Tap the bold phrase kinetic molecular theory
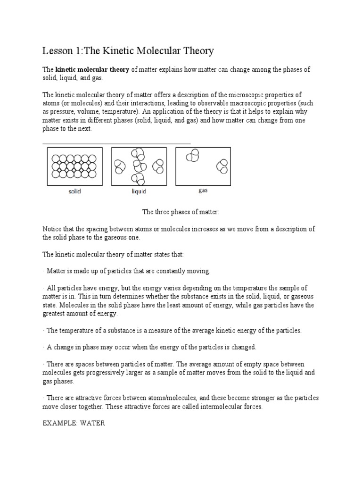tap(92, 70)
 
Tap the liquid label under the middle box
tap(139, 192)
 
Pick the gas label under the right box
tap(203, 192)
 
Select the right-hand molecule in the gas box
tap(222, 166)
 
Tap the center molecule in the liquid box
tap(139, 166)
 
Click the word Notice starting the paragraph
tap(52, 229)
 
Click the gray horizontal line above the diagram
tap(116, 143)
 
